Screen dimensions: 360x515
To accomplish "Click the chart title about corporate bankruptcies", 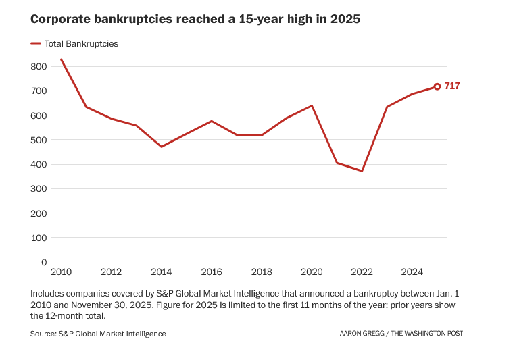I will [x=195, y=20].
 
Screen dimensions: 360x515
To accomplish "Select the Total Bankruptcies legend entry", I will [x=80, y=44].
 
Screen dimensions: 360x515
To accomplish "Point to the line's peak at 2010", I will [x=62, y=59].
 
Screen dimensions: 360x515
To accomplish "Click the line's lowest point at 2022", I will [x=362, y=171].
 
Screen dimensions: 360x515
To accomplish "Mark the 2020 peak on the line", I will [x=312, y=105].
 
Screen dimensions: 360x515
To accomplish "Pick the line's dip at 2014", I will [x=162, y=147].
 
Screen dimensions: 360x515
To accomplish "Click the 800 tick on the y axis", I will [x=39, y=66].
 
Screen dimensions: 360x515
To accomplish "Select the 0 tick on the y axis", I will [x=44, y=262].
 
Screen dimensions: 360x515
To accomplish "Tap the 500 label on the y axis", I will [x=39, y=140].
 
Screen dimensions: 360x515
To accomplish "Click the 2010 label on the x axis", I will [x=62, y=272].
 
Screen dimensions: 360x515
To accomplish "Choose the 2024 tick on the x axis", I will [x=412, y=272].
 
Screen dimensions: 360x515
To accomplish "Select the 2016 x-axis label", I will [x=212, y=272].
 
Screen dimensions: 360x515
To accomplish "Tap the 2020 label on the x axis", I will [x=312, y=272].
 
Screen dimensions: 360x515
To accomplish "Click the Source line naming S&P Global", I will [x=98, y=334].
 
